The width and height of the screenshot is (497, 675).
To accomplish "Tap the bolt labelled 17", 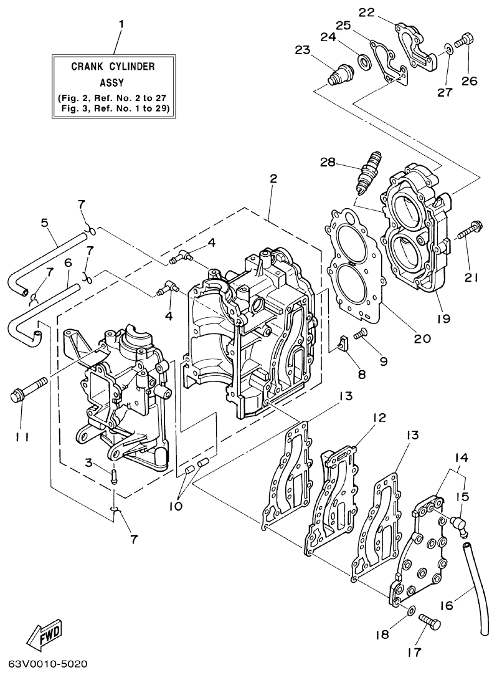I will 428,620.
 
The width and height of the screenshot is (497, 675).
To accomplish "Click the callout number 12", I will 379,418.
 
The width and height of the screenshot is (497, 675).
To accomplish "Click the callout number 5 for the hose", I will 44,222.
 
